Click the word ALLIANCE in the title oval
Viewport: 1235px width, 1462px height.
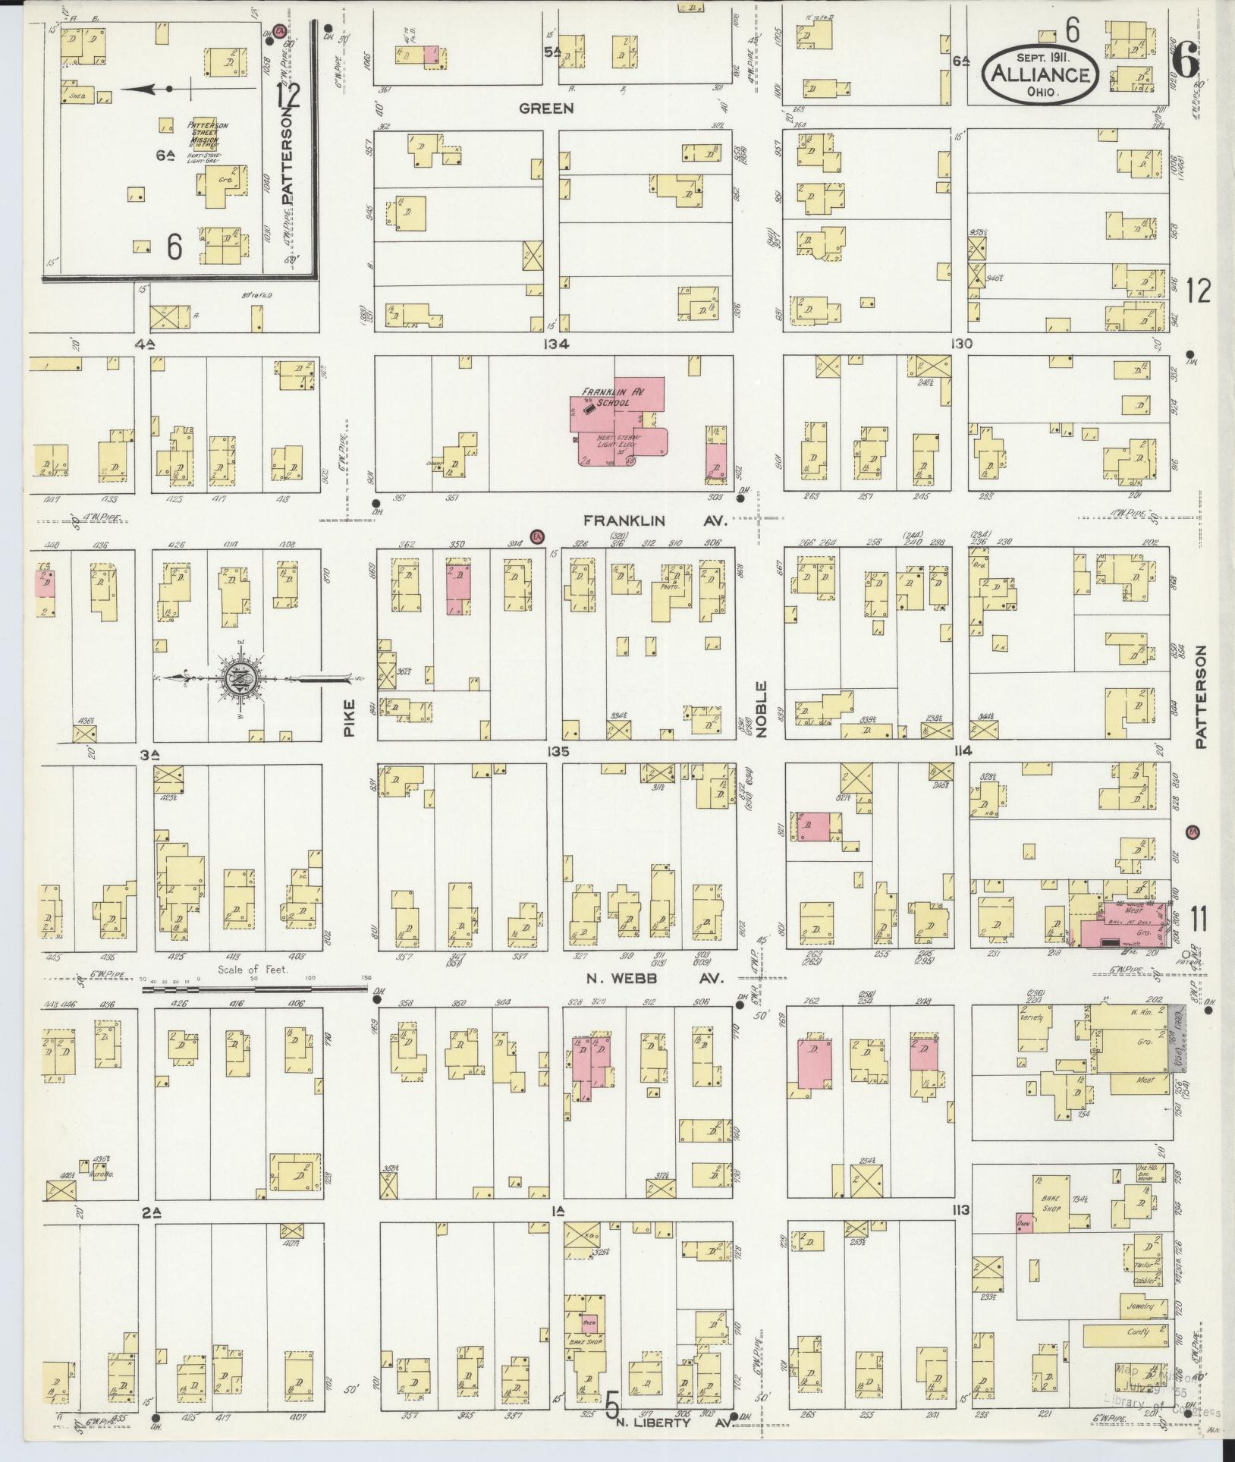[x=1040, y=75]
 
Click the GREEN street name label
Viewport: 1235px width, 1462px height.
[x=546, y=108]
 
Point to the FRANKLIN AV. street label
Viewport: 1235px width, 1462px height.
[x=655, y=521]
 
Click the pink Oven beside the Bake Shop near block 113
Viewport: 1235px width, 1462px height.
[x=1023, y=1222]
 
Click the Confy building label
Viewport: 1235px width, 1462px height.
[x=1138, y=1332]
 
